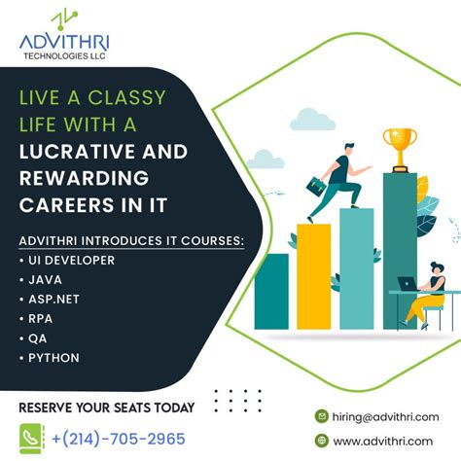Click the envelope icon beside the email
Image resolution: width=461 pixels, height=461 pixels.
coord(322,416)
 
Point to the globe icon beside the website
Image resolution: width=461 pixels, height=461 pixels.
coord(322,441)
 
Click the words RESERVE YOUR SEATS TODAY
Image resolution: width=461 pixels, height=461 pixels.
coord(107,407)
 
